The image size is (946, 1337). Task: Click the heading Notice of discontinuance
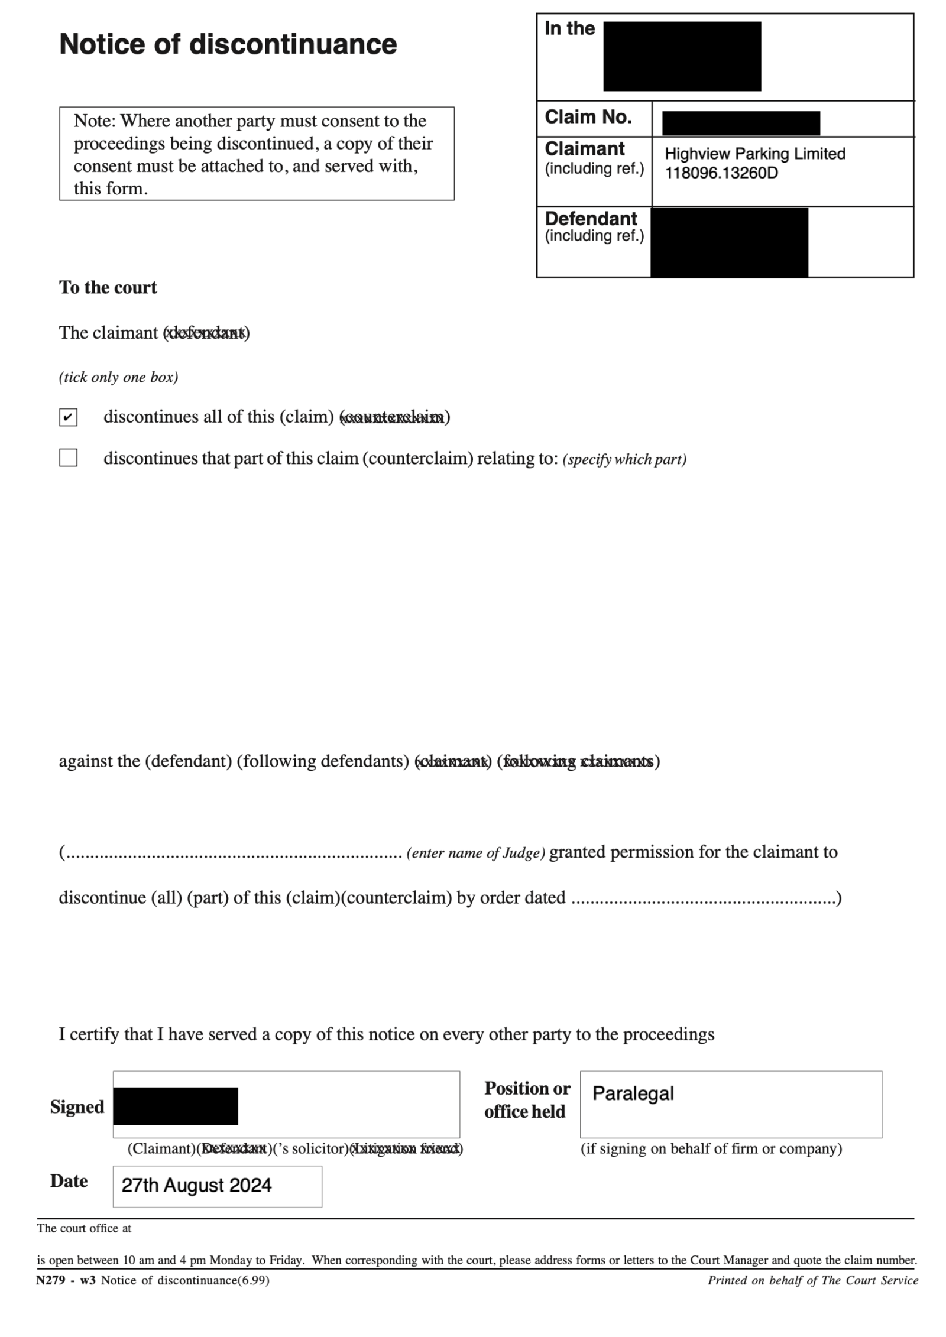pos(228,45)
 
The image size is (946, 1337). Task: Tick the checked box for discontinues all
pos(68,417)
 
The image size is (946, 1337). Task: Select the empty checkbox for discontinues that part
pos(68,457)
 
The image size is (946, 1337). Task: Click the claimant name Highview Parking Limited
pos(754,154)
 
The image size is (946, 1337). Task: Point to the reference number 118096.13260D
pos(721,173)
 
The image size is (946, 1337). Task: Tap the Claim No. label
pos(588,117)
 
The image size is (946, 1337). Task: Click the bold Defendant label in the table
pos(590,219)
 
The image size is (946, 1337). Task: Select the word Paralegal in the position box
pos(633,1093)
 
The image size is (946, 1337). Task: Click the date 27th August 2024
pos(196,1185)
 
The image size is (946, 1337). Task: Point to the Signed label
pos(77,1106)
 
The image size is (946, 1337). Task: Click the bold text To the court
pos(108,287)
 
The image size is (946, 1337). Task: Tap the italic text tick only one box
pos(118,377)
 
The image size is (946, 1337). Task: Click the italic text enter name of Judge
pos(475,853)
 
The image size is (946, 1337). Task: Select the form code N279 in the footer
pos(49,1280)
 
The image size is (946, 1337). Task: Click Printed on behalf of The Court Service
pos(812,1280)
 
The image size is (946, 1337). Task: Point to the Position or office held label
pos(527,1099)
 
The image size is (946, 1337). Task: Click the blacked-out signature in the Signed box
pos(176,1105)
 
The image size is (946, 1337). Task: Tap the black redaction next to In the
pos(682,56)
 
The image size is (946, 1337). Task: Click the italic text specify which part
pos(624,459)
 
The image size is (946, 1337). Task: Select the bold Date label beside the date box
pos(69,1181)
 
